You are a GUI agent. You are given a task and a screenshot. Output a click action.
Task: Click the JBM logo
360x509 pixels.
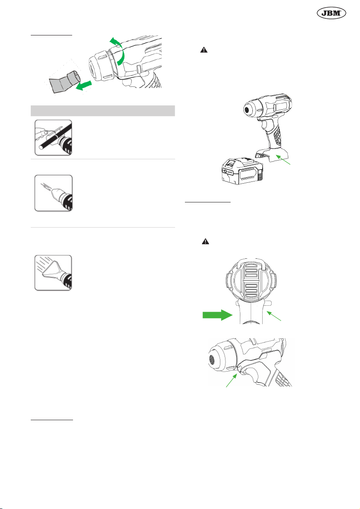pyautogui.click(x=331, y=13)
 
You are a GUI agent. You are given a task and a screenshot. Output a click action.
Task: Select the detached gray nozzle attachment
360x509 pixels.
pyautogui.click(x=64, y=81)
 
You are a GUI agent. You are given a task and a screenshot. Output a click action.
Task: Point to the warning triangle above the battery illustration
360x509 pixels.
pyautogui.click(x=204, y=50)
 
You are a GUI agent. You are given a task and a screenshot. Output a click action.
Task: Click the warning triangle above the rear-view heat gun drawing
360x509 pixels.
pyautogui.click(x=205, y=242)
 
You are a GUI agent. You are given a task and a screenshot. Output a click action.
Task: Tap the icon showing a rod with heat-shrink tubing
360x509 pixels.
pyautogui.click(x=53, y=137)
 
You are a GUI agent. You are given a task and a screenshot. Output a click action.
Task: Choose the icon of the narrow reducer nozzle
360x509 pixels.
pyautogui.click(x=53, y=193)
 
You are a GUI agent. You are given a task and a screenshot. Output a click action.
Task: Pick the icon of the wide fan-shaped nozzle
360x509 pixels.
pyautogui.click(x=53, y=273)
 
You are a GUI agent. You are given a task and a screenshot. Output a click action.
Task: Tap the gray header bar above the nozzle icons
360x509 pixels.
pyautogui.click(x=102, y=111)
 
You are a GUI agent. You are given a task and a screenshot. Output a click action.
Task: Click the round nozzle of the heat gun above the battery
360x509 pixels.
pyautogui.click(x=249, y=109)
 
